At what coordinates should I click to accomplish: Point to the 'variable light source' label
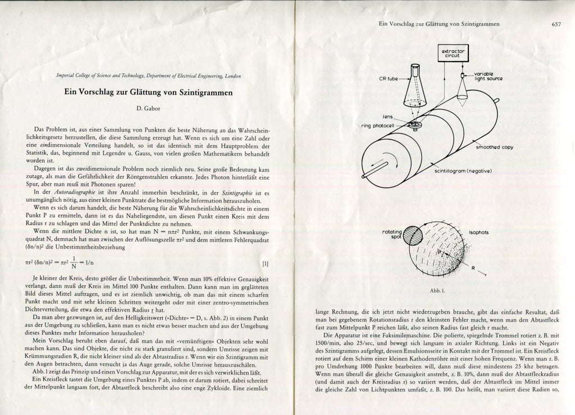coord(488,76)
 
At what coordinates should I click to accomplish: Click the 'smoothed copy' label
coord(494,147)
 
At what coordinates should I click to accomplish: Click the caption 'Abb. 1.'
coord(437,290)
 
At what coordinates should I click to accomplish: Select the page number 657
coord(556,24)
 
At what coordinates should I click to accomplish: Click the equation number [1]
coord(266,263)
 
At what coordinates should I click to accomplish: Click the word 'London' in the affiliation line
coord(234,75)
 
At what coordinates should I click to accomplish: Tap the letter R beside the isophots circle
coord(473,268)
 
